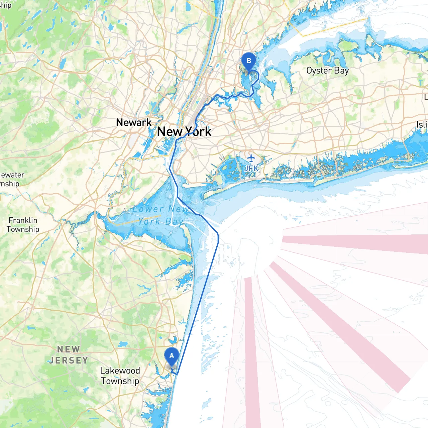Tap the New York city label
184,132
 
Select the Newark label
134,122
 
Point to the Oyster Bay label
327,71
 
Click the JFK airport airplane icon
251,158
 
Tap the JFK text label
251,168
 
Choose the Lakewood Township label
120,376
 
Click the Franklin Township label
23,225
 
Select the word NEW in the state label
69,349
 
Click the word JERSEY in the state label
69,360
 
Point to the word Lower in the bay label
148,210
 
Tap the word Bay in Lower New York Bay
174,222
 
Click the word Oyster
319,71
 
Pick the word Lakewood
120,371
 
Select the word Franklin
23,220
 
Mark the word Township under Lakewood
120,381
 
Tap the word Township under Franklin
23,229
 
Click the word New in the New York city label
170,132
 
